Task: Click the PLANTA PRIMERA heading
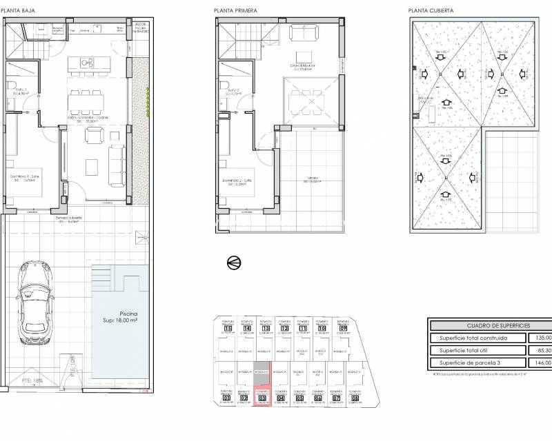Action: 233,10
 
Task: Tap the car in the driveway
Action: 34,297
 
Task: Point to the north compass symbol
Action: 233,262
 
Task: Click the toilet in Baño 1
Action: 13,87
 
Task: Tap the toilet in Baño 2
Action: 226,87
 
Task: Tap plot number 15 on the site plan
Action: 227,329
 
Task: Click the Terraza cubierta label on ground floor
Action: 68,220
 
